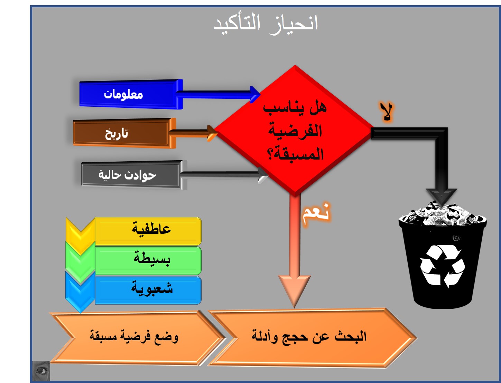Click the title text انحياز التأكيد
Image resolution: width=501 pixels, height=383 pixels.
pos(266,24)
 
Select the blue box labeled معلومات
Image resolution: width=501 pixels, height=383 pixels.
pos(131,94)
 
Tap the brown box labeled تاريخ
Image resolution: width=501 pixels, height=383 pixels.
pos(124,133)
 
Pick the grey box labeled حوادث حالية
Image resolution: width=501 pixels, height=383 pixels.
pos(134,175)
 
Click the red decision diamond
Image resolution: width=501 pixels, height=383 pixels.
pos(295,131)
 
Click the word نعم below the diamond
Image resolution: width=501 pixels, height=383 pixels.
pos(316,214)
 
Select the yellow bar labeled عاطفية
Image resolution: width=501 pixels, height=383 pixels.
pos(148,231)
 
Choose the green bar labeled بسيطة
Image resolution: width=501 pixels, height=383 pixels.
pos(148,260)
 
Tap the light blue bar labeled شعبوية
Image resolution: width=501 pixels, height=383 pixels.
pos(148,290)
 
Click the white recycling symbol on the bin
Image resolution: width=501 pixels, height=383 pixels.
pos(442,266)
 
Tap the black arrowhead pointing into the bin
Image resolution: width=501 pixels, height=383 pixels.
pos(442,198)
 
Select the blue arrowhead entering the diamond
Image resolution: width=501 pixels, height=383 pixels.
pos(255,94)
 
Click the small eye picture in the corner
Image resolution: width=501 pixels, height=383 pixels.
pos(41,371)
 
